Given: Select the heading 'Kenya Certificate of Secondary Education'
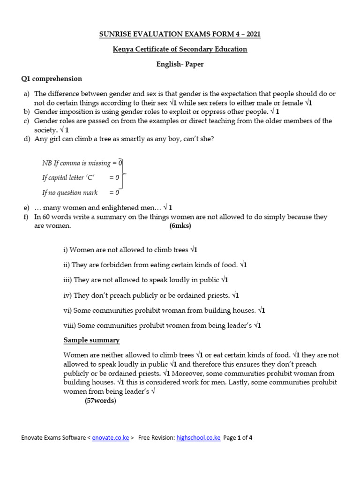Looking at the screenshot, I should tap(180, 49).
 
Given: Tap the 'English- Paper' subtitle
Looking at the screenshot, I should tap(180, 64).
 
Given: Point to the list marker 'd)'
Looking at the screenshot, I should tap(27, 139).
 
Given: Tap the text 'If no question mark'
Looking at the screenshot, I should tap(70, 193).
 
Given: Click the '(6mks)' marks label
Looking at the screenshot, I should tap(180, 225).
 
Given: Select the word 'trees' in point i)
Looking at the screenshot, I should tap(180, 250).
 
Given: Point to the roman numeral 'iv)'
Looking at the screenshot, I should tap(67, 295).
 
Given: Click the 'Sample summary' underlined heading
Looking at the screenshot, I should tap(91, 340).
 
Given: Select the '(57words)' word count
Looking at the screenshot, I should tap(100, 401).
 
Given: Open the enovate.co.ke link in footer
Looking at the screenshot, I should tap(110, 438).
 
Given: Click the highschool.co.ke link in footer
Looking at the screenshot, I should tap(198, 438).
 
